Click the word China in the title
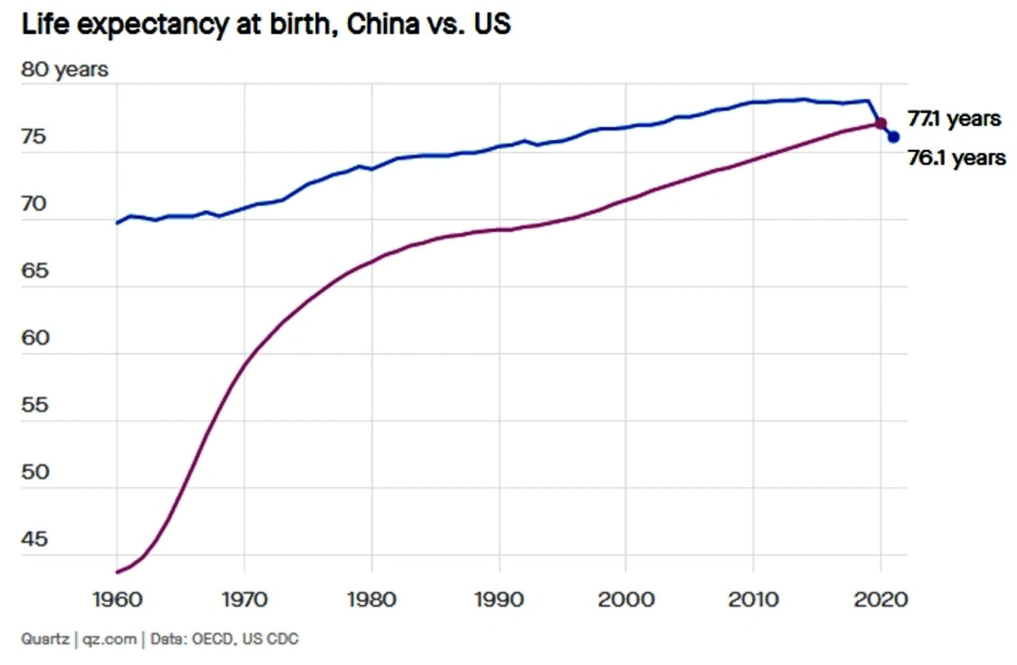(383, 24)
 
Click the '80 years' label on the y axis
(64, 69)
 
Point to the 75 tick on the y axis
(34, 137)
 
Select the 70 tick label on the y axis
(34, 204)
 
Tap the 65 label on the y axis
(35, 271)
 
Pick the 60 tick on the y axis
(35, 338)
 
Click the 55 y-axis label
(35, 405)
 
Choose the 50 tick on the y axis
(35, 472)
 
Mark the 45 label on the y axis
(35, 539)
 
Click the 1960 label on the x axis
(117, 600)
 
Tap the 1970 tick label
(244, 600)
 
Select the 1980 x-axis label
(372, 600)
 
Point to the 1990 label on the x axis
(499, 600)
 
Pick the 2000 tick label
(626, 600)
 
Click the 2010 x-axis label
(753, 600)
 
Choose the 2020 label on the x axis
(881, 600)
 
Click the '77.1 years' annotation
(954, 118)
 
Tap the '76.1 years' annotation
(956, 158)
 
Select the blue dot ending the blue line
(894, 137)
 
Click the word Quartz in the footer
(45, 639)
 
